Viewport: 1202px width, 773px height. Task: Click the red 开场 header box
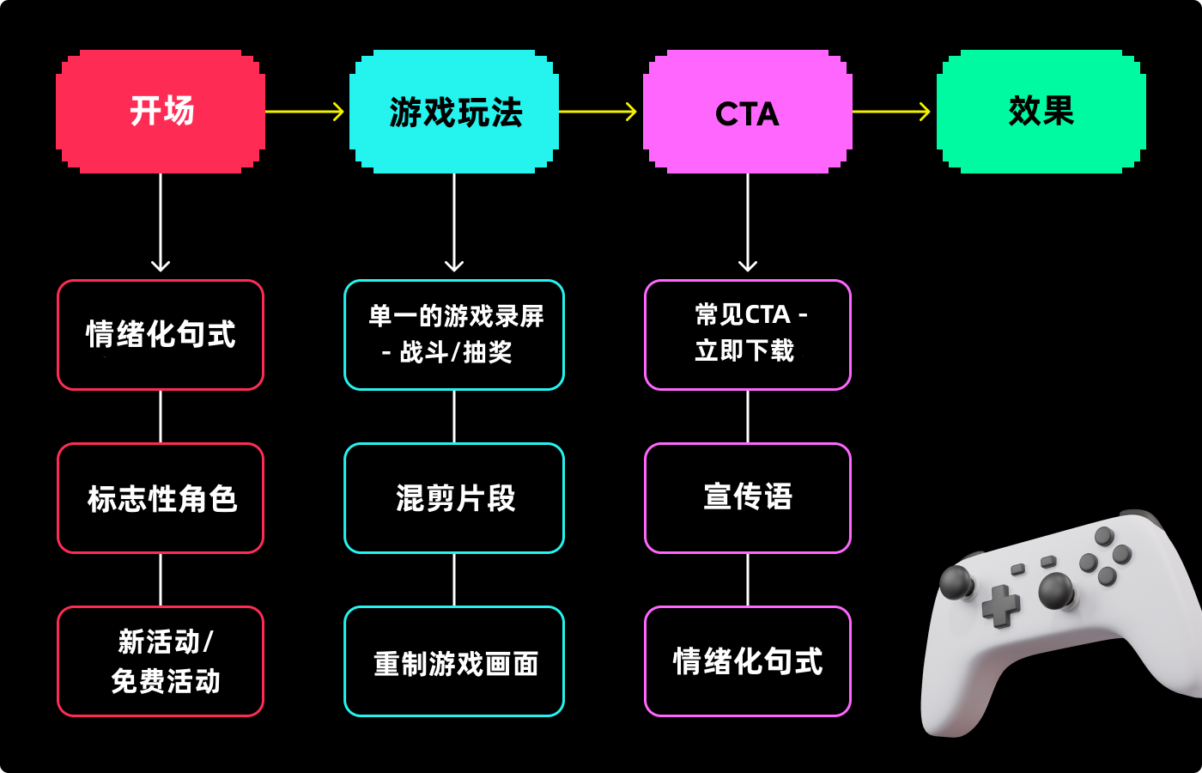point(161,112)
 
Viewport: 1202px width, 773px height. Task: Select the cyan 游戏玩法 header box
point(454,112)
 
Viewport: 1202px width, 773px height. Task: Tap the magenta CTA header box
point(748,112)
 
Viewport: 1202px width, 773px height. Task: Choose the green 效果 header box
point(1041,112)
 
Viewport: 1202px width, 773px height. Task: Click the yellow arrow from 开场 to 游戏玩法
point(305,112)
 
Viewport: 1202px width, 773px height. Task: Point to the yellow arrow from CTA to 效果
point(891,112)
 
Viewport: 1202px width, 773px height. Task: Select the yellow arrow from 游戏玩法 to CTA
point(598,112)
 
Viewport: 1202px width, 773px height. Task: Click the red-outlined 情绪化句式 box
point(161,335)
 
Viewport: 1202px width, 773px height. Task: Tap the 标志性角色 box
point(161,498)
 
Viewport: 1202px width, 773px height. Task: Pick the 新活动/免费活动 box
point(161,661)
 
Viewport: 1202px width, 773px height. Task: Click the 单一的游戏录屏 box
point(454,335)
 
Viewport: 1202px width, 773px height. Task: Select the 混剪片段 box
point(454,498)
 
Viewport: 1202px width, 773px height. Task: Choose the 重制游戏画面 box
point(454,661)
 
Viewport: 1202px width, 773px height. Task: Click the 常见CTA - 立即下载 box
point(748,335)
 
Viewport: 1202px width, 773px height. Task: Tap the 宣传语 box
point(748,498)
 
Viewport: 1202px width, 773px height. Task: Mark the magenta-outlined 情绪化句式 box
point(748,661)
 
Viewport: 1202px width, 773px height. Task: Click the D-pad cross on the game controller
point(1000,606)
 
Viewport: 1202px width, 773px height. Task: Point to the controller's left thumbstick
point(956,582)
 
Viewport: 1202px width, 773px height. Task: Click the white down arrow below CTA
point(748,222)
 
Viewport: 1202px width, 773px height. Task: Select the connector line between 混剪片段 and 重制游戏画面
point(454,580)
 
